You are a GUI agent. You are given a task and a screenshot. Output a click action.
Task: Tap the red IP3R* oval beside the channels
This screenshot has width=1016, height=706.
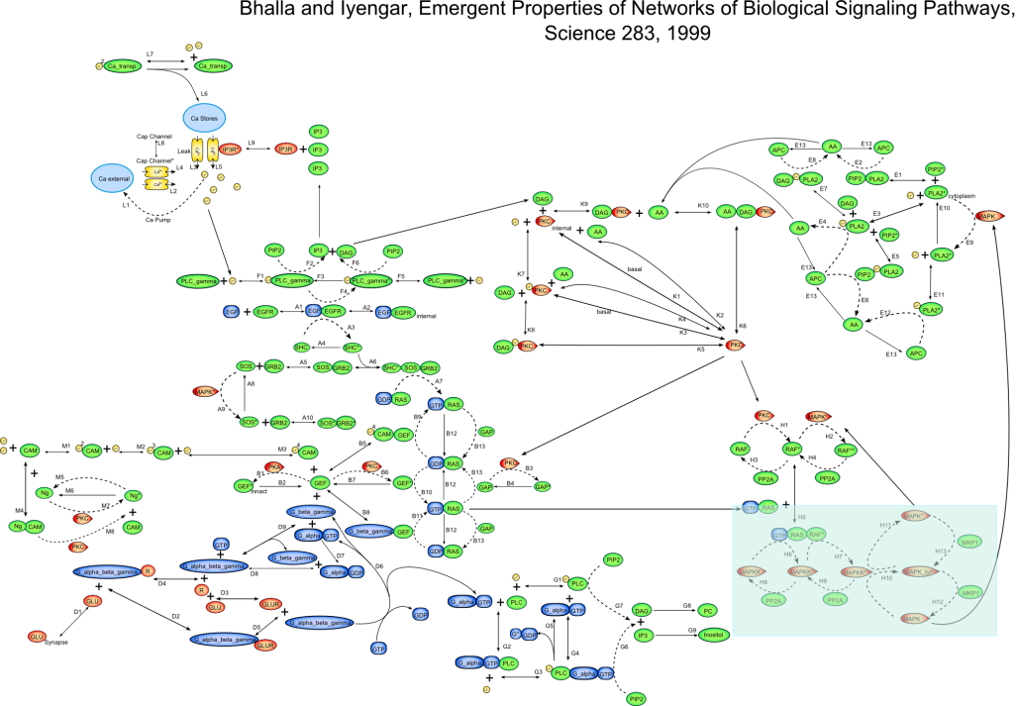pyautogui.click(x=228, y=150)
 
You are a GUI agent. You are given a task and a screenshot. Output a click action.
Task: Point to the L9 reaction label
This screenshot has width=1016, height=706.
pyautogui.click(x=252, y=143)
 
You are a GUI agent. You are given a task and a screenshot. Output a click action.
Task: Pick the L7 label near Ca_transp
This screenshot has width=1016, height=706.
pyautogui.click(x=150, y=53)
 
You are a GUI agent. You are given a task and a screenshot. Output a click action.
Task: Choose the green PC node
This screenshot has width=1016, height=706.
pyautogui.click(x=706, y=611)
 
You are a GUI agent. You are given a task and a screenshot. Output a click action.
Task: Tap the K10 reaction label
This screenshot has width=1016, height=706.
pyautogui.click(x=703, y=205)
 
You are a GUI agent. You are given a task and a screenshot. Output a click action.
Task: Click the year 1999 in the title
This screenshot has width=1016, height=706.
pyautogui.click(x=688, y=33)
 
